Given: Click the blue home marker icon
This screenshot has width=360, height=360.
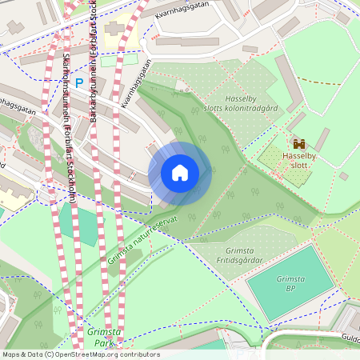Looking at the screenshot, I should pos(180,173).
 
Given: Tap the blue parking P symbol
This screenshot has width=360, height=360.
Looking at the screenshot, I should pos(79,82).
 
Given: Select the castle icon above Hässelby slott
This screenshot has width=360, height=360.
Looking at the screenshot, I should pos(298,143).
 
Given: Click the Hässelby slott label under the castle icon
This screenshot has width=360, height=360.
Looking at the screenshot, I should pos(299,161).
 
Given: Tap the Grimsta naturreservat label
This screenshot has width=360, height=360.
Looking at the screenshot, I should pos(143,237).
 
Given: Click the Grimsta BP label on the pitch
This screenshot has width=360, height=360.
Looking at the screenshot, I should pos(290,283).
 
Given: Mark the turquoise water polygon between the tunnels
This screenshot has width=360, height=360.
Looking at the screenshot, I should pos(78,223).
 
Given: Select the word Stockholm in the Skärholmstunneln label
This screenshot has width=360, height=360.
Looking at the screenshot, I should pos(70,188).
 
